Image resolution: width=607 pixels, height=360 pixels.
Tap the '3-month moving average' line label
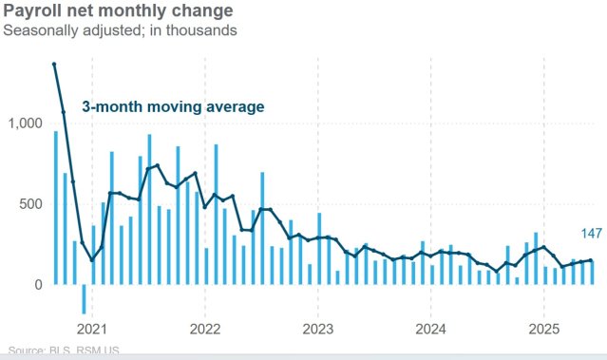click(173, 106)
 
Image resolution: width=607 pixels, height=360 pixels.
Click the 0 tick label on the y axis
click(38, 285)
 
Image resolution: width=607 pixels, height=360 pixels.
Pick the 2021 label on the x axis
click(92, 329)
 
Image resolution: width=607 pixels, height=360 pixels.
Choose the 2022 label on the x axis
click(205, 329)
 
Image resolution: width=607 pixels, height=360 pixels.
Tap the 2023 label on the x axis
click(317, 329)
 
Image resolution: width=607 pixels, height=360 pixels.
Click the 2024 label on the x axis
click(430, 329)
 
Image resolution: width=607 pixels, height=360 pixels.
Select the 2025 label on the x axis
click(543, 329)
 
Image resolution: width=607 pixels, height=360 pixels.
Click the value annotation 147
click(592, 233)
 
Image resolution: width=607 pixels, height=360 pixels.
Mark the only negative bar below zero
click(83, 299)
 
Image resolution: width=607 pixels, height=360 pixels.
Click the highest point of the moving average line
click(54, 64)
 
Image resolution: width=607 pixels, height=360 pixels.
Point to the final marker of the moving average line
click(591, 260)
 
